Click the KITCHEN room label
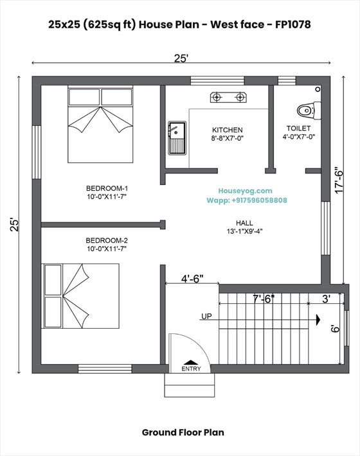227,130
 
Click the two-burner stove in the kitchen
228,98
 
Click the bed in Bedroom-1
100,123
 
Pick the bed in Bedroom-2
81,296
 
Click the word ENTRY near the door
191,369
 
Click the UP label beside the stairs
207,317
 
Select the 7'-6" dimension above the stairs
264,299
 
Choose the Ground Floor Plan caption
183,432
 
